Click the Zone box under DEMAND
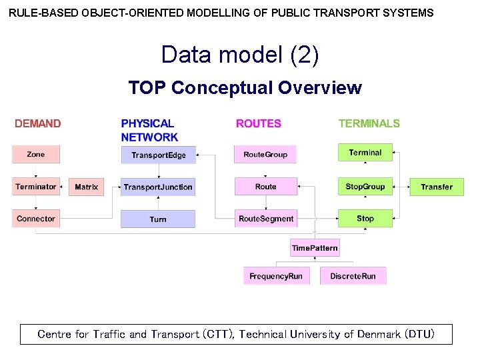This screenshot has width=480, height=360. coord(36,155)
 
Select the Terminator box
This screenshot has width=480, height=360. coord(36,187)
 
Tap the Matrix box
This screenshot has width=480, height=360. coord(87,187)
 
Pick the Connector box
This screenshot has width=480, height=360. coord(36,219)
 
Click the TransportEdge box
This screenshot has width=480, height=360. coord(159,155)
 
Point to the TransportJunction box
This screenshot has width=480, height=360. coord(158,187)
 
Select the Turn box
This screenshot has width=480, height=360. coord(158,219)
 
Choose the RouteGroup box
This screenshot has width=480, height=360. coord(265,155)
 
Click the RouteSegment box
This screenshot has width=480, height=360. coord(266,219)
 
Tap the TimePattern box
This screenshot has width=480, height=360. coord(315,248)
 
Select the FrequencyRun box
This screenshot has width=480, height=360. coord(276,276)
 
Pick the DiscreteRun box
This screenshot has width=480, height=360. coord(353,276)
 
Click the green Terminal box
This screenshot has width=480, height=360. coord(365,153)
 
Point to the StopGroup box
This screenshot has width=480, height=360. coord(365,187)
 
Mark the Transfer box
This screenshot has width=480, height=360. coord(437,187)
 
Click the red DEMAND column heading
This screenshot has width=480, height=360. coord(38,123)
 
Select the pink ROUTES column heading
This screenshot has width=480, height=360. coord(259,123)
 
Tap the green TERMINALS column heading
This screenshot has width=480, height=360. coord(369,123)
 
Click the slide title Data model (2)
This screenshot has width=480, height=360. coord(240,55)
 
